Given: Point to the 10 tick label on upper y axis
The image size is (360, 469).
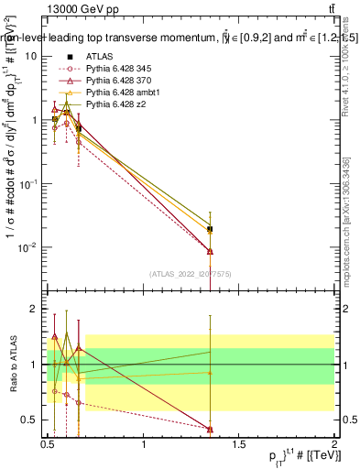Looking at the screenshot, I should tap(31, 56).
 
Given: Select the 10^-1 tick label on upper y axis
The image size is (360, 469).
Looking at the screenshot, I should tap(28, 184).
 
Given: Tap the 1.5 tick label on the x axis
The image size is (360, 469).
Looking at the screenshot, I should tap(239, 445).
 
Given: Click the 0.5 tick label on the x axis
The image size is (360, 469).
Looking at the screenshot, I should tap(48, 445).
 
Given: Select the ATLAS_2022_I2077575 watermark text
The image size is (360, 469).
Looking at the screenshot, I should tap(191, 273).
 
